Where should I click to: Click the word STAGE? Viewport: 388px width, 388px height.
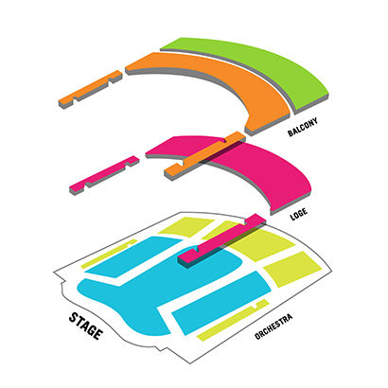86,326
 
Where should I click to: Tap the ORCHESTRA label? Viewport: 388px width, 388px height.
273,326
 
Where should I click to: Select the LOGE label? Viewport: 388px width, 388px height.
299,215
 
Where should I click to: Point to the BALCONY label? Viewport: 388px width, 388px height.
303,127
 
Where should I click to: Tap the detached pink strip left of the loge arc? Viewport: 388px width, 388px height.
104,175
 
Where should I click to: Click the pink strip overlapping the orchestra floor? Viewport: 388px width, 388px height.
221,240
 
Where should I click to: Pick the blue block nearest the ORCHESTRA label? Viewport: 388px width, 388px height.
220,303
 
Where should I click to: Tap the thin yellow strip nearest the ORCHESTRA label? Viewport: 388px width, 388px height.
233,320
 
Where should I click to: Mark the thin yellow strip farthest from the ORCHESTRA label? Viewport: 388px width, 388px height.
109,254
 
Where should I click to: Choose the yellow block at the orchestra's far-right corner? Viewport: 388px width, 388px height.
292,269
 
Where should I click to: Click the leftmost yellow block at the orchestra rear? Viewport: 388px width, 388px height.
186,226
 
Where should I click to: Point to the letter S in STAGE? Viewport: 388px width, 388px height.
75,317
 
